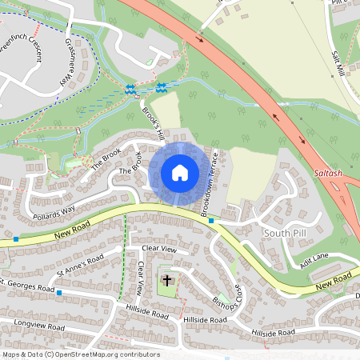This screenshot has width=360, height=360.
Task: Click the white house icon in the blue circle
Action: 180,173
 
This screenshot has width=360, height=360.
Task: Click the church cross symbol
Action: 167,280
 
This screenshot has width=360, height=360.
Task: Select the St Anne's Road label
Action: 74,264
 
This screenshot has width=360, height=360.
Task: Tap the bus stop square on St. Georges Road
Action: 59,293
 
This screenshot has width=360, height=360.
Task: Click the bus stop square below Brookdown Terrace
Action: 211,221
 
